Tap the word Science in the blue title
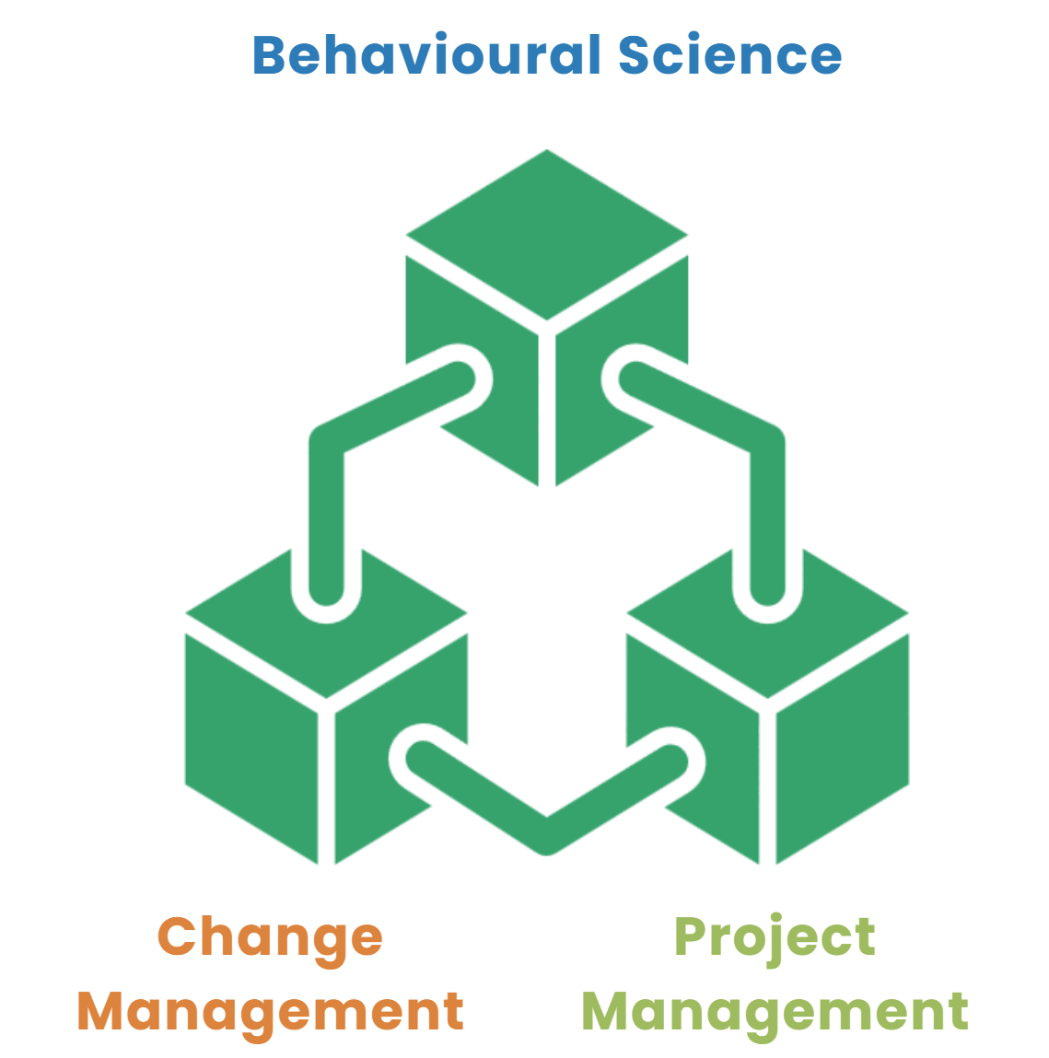[729, 55]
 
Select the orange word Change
[270, 937]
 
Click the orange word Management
[270, 1011]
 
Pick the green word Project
[775, 937]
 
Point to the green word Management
[775, 1011]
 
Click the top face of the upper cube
[547, 234]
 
